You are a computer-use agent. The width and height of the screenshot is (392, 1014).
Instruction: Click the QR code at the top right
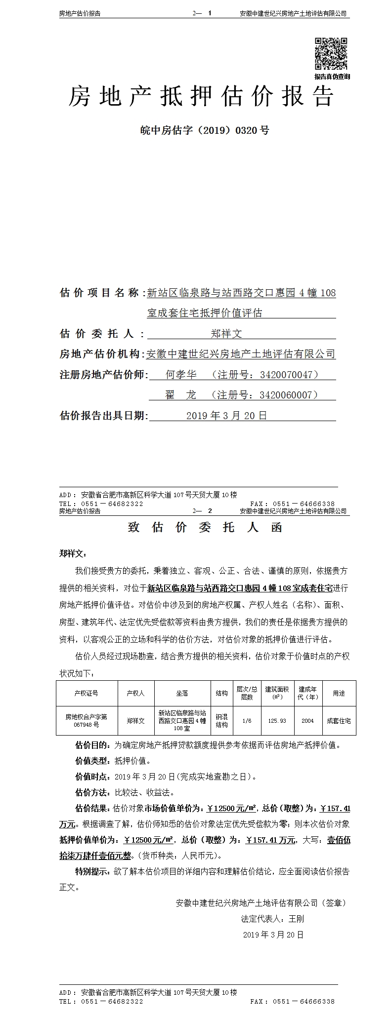[331, 54]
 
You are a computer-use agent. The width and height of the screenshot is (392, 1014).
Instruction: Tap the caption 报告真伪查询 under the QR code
[332, 77]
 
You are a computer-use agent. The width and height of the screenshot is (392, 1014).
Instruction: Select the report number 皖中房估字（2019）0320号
[205, 130]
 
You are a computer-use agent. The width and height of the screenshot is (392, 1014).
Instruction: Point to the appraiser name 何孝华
[181, 375]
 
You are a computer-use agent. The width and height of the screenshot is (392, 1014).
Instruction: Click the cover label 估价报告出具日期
[103, 415]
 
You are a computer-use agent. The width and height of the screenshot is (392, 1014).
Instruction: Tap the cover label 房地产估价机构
[101, 354]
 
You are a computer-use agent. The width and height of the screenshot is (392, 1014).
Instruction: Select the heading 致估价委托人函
[205, 527]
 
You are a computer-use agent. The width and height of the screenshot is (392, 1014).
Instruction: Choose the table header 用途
[339, 693]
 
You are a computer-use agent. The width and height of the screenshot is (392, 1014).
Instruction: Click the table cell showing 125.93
[277, 721]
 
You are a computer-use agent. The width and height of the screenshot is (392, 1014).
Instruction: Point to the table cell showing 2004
[307, 721]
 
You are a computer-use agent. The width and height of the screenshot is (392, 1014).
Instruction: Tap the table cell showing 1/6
[247, 721]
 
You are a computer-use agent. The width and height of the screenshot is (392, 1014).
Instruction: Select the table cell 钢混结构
[221, 721]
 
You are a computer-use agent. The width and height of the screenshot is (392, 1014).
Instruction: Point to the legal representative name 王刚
[297, 919]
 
